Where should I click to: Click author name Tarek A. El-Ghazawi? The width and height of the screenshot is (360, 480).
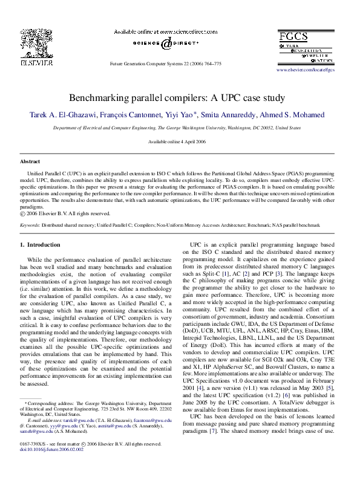[60, 114]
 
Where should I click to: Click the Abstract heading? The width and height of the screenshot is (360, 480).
[30, 162]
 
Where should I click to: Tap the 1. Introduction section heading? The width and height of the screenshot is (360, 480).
[40, 245]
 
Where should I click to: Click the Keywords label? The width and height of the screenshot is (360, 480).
[30, 224]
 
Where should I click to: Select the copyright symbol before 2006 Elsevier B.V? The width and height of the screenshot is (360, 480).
[23, 213]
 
